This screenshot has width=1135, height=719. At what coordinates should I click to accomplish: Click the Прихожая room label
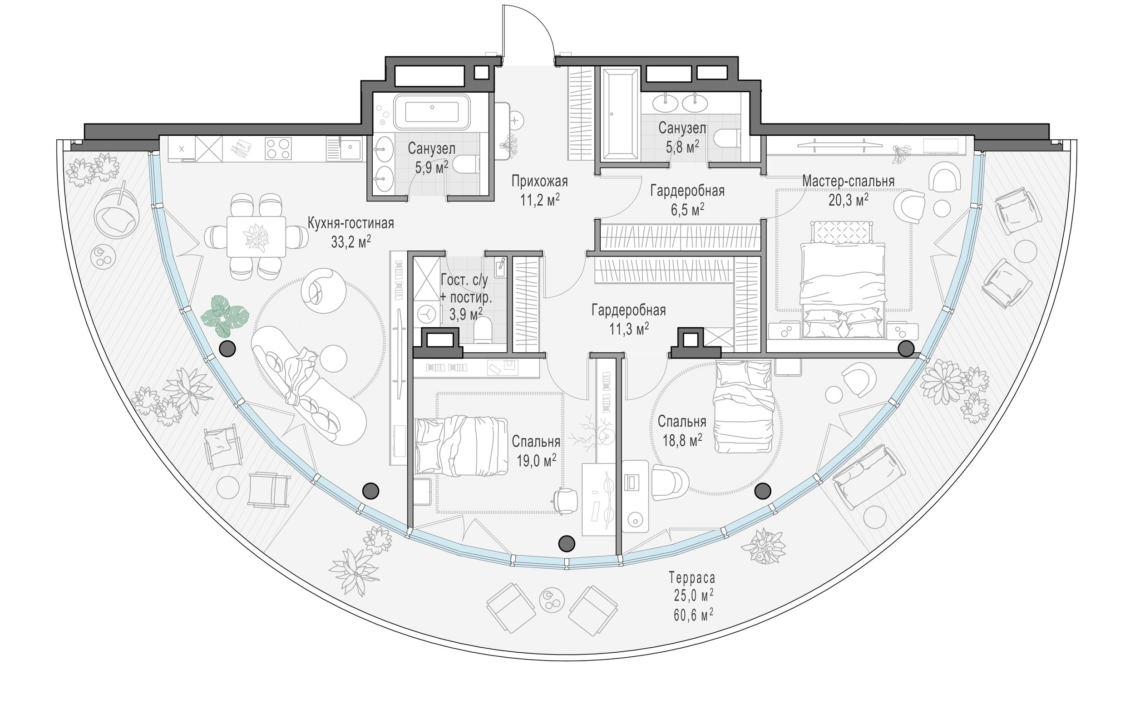[540, 182]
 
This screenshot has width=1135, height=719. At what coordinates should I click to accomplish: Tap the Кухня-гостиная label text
[350, 223]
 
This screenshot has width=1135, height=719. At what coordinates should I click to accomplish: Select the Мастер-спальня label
[849, 181]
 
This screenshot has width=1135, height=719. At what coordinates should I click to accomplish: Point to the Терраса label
[692, 578]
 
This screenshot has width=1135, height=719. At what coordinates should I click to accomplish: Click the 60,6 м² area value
[693, 615]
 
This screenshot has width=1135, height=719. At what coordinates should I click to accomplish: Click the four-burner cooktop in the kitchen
[278, 148]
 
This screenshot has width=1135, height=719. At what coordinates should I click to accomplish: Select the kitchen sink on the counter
[350, 149]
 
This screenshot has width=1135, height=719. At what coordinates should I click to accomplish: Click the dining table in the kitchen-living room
[256, 236]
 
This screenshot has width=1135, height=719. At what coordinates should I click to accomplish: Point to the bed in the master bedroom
[842, 280]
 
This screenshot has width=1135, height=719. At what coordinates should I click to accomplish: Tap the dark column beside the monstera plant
[227, 348]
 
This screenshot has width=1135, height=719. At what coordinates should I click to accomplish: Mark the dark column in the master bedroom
[905, 349]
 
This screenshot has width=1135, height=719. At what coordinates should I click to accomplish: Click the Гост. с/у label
[464, 280]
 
